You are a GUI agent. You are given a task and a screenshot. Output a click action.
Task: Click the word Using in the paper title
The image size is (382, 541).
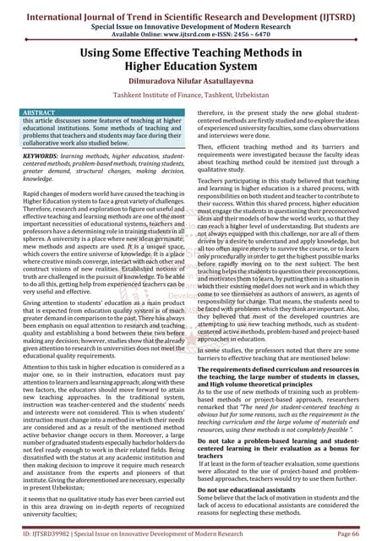click(x=102, y=54)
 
